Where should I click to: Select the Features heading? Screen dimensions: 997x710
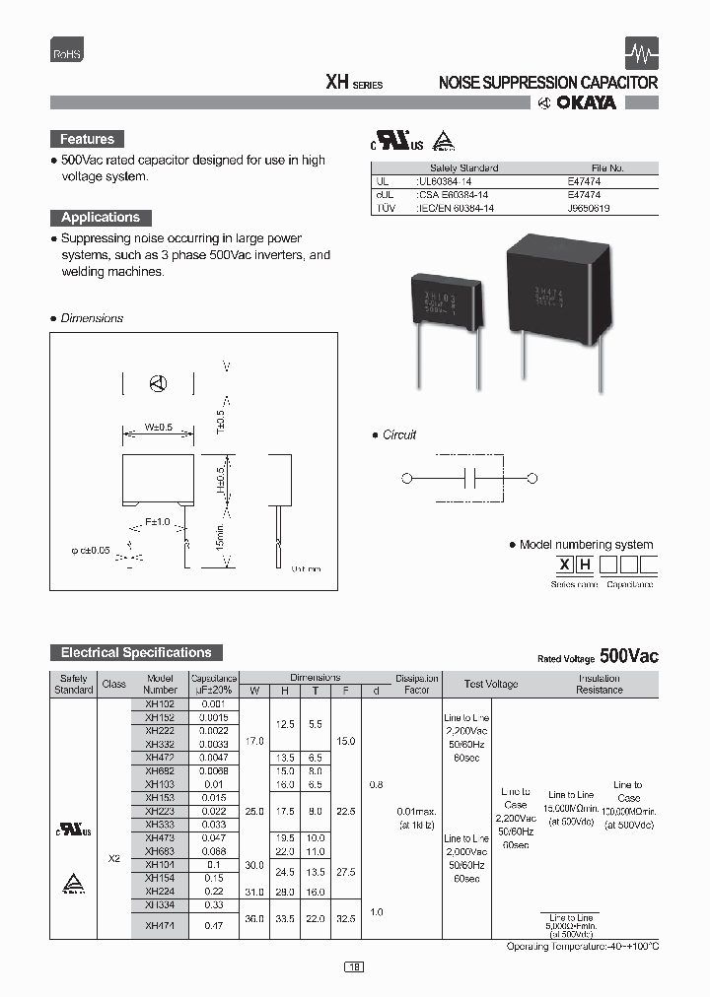point(88,140)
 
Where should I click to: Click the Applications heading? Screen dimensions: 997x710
point(101,218)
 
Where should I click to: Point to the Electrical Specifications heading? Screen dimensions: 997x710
point(136,653)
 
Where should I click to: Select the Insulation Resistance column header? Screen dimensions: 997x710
point(600,684)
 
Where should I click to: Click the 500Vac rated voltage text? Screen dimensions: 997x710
point(628,656)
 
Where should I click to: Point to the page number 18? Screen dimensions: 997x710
point(355,967)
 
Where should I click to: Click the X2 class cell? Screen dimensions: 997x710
point(113,858)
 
